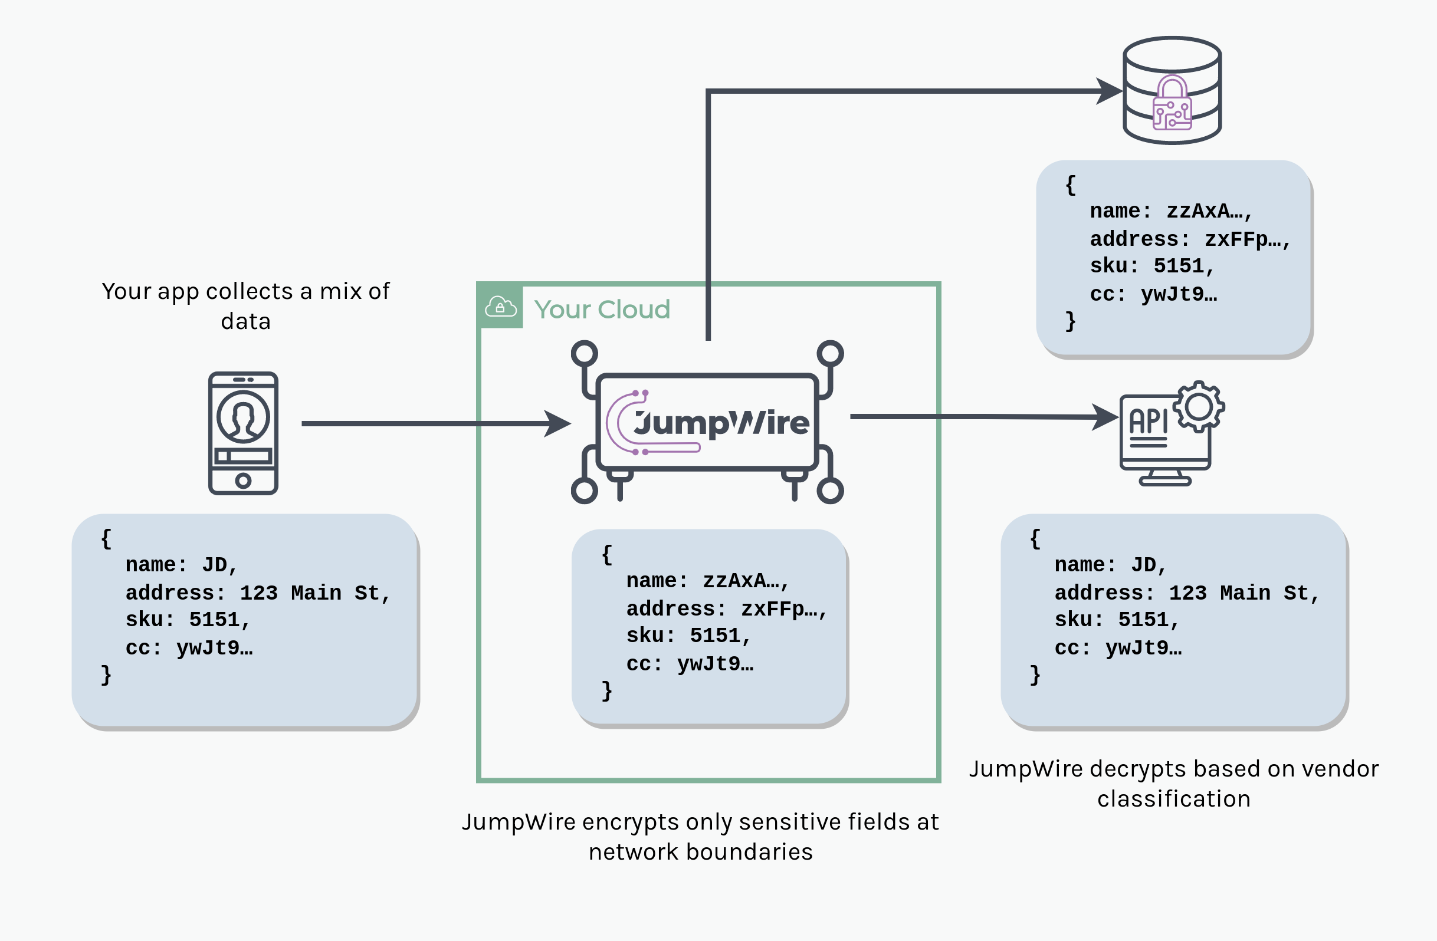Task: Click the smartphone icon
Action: pos(242,433)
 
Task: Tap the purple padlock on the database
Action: pos(1172,104)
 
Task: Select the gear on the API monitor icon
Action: pos(1199,407)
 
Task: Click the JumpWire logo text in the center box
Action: pos(721,423)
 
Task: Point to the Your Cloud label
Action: pos(602,310)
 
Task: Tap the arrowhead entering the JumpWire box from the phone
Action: pos(557,424)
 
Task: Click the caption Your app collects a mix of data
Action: pos(245,306)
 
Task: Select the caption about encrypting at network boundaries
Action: pos(700,837)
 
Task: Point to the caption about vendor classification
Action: pos(1173,784)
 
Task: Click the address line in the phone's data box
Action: pos(258,593)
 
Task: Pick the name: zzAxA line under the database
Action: pos(1172,211)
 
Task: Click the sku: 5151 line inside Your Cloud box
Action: pos(688,636)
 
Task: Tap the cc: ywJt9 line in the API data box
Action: pos(1118,648)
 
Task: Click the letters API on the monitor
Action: pos(1149,422)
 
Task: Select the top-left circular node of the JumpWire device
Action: pos(585,354)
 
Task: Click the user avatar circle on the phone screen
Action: pos(243,417)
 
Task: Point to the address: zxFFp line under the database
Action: pos(1189,239)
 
